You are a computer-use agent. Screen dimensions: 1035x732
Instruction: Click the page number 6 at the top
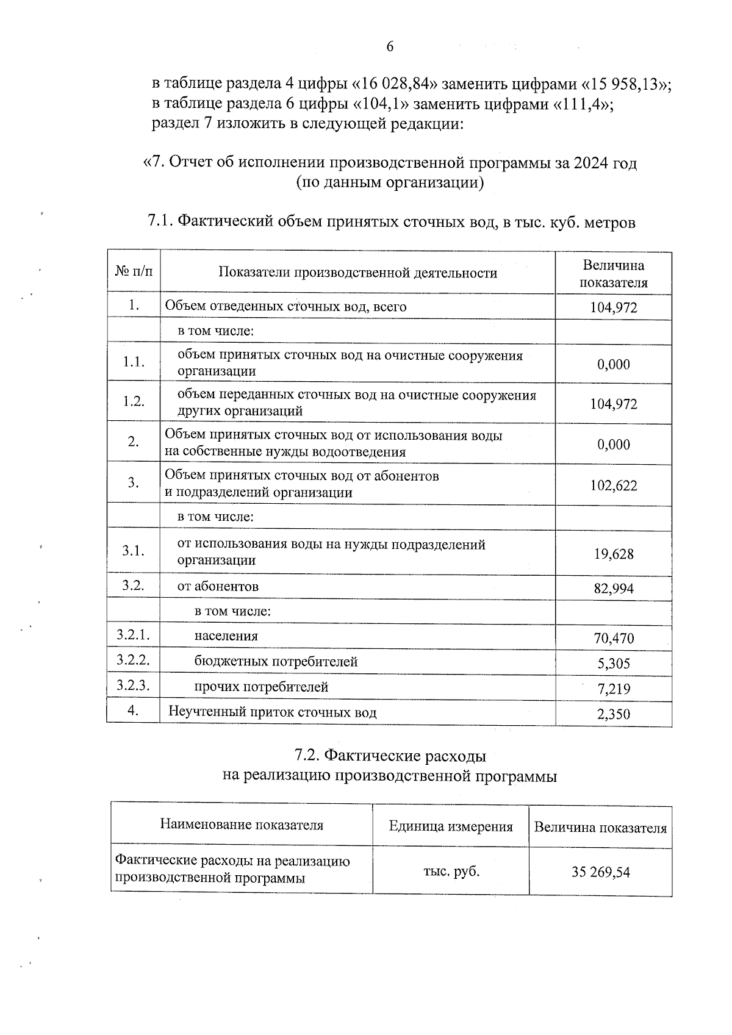(x=390, y=48)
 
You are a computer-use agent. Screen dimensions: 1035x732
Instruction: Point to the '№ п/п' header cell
(x=134, y=270)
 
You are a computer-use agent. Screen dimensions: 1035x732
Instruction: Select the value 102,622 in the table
(x=614, y=485)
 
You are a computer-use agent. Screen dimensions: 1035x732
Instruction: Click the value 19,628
(x=614, y=554)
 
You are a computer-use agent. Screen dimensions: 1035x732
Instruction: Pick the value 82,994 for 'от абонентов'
(x=614, y=589)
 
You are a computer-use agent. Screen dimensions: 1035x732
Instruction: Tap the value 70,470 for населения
(x=614, y=639)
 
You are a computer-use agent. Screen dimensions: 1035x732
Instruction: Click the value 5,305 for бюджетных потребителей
(x=614, y=664)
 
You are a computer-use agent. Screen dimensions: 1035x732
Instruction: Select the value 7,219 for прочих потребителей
(x=614, y=689)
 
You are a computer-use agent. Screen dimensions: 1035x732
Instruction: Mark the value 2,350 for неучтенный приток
(x=614, y=714)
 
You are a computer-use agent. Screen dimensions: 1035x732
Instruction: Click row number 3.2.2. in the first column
(x=134, y=660)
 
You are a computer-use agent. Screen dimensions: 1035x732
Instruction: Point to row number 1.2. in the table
(x=134, y=401)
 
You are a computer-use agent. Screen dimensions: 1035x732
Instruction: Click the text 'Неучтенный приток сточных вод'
(x=272, y=712)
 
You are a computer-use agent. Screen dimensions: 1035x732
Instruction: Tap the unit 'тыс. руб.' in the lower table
(x=451, y=872)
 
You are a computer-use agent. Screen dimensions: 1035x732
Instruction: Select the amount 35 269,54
(x=600, y=872)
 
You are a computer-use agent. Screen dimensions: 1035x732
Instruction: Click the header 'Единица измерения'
(x=451, y=827)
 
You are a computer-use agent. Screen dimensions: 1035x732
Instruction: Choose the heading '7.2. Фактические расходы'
(x=390, y=756)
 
